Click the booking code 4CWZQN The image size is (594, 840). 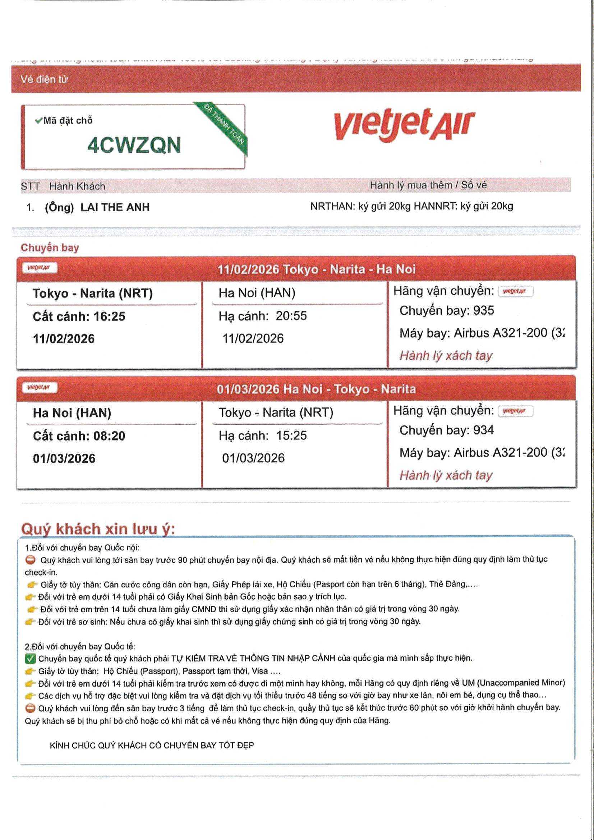134,145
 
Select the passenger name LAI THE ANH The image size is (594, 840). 115,207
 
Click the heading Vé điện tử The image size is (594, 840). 44,79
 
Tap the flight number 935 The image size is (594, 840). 483,311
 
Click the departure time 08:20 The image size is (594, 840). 110,436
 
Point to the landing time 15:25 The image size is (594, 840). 291,436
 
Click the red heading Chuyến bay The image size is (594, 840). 50,248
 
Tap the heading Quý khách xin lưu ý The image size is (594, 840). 98,529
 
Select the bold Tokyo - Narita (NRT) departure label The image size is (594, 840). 93,294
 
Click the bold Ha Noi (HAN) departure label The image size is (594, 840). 72,413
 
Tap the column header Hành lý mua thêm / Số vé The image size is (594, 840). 428,185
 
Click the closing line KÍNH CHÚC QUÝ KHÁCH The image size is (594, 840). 152,745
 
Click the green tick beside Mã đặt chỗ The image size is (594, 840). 38,120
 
